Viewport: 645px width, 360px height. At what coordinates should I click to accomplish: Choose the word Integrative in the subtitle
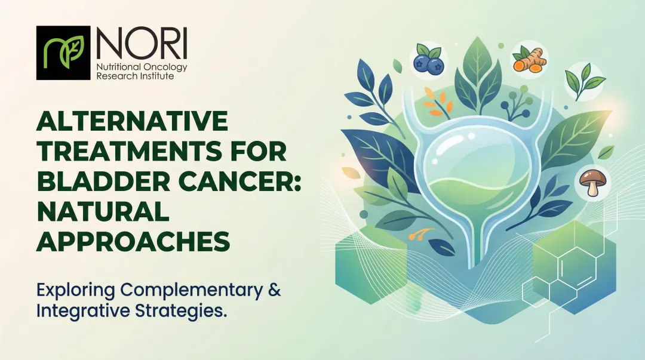[x=72, y=311]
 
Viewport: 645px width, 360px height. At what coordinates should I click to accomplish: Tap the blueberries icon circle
[x=428, y=59]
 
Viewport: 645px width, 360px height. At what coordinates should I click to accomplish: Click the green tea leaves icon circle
[x=584, y=82]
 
